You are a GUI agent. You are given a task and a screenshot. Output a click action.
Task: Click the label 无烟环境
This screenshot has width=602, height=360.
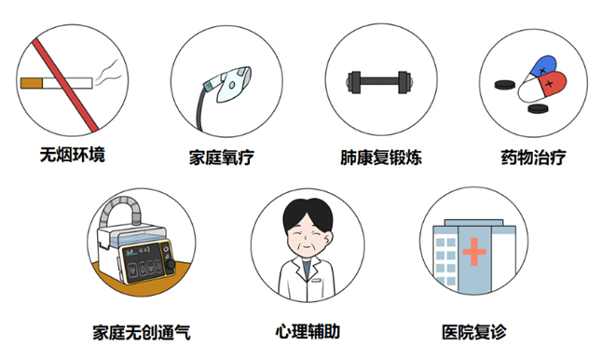(73, 155)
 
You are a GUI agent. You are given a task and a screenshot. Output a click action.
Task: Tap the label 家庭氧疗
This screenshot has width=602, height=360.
(222, 158)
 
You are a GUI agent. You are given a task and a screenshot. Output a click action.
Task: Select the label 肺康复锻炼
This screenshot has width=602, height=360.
(381, 158)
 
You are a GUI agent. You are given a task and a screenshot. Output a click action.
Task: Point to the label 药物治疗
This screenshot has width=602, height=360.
(533, 158)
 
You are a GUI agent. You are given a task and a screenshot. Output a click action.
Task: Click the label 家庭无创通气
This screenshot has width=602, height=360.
(142, 332)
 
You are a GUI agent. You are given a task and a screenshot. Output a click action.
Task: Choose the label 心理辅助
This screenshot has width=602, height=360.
(308, 332)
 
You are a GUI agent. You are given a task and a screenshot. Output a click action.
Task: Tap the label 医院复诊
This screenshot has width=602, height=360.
(474, 332)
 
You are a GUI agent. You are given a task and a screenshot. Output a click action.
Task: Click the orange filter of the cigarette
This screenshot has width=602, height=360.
(32, 83)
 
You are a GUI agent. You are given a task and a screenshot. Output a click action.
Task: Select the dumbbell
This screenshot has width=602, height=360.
(379, 82)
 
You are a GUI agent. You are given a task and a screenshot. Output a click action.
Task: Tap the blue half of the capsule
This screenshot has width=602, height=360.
(543, 65)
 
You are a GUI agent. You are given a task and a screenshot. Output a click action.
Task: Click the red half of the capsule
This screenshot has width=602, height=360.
(552, 84)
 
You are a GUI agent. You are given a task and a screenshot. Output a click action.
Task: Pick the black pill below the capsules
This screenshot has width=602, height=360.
(538, 108)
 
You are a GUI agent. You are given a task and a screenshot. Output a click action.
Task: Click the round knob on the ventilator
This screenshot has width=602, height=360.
(170, 264)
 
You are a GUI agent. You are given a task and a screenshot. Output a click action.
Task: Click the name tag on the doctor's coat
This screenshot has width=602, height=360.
(316, 281)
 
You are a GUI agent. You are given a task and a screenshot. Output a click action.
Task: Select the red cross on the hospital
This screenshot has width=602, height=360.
(474, 252)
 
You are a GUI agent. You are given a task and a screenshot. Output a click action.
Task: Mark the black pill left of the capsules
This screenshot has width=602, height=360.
(505, 85)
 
